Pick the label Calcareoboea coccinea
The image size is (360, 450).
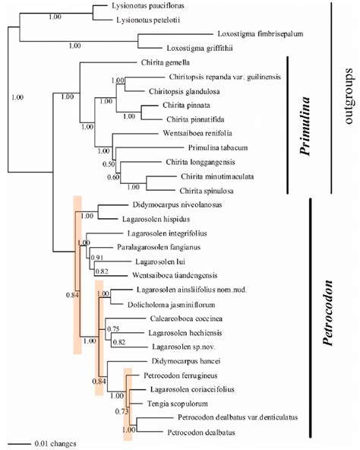(x=170, y=318)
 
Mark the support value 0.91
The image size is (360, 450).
(x=97, y=258)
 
